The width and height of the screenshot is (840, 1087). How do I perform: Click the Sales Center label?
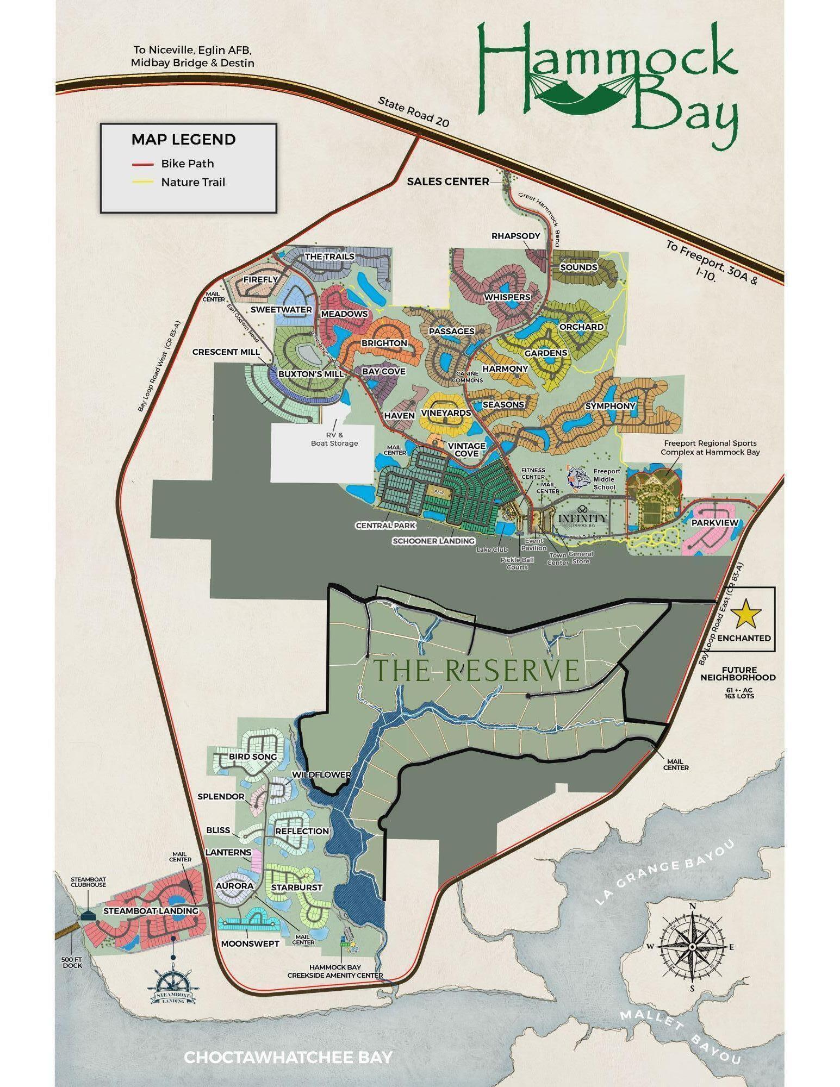448,182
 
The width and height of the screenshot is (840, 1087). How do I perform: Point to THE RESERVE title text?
477,670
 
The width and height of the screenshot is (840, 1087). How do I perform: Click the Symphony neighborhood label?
610,406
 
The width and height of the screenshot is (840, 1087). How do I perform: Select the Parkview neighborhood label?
714,523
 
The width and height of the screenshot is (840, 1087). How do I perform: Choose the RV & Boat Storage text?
334,439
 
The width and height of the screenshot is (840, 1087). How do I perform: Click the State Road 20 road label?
414,112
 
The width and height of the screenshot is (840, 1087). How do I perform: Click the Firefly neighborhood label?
260,279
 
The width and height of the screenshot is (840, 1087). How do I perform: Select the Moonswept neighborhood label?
250,944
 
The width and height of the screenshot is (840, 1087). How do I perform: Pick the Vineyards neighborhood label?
446,413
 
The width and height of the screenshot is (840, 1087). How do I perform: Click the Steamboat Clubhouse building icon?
87,916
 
